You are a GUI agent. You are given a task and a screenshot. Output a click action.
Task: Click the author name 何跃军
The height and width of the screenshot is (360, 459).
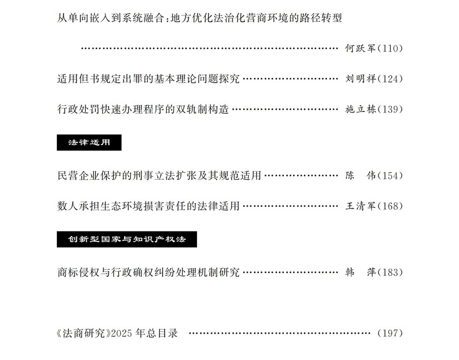click(x=360, y=49)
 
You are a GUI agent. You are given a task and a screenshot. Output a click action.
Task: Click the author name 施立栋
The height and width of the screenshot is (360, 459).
click(x=360, y=109)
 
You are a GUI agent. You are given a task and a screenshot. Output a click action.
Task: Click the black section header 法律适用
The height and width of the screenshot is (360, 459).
click(x=88, y=142)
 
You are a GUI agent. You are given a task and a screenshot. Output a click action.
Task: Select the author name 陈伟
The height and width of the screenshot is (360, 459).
click(x=360, y=175)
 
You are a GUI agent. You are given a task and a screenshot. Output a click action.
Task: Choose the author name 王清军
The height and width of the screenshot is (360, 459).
click(x=360, y=206)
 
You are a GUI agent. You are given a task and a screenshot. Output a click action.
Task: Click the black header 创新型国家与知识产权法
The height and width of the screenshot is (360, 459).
click(x=126, y=239)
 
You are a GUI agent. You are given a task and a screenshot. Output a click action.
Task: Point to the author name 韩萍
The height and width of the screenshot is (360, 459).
click(x=360, y=272)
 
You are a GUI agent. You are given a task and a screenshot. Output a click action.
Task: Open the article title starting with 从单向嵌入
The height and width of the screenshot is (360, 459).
click(x=199, y=17)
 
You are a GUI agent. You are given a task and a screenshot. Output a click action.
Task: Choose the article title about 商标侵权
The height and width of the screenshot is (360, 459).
click(x=148, y=272)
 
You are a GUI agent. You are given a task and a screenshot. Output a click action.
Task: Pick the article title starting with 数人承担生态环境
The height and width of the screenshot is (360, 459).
click(x=148, y=206)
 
